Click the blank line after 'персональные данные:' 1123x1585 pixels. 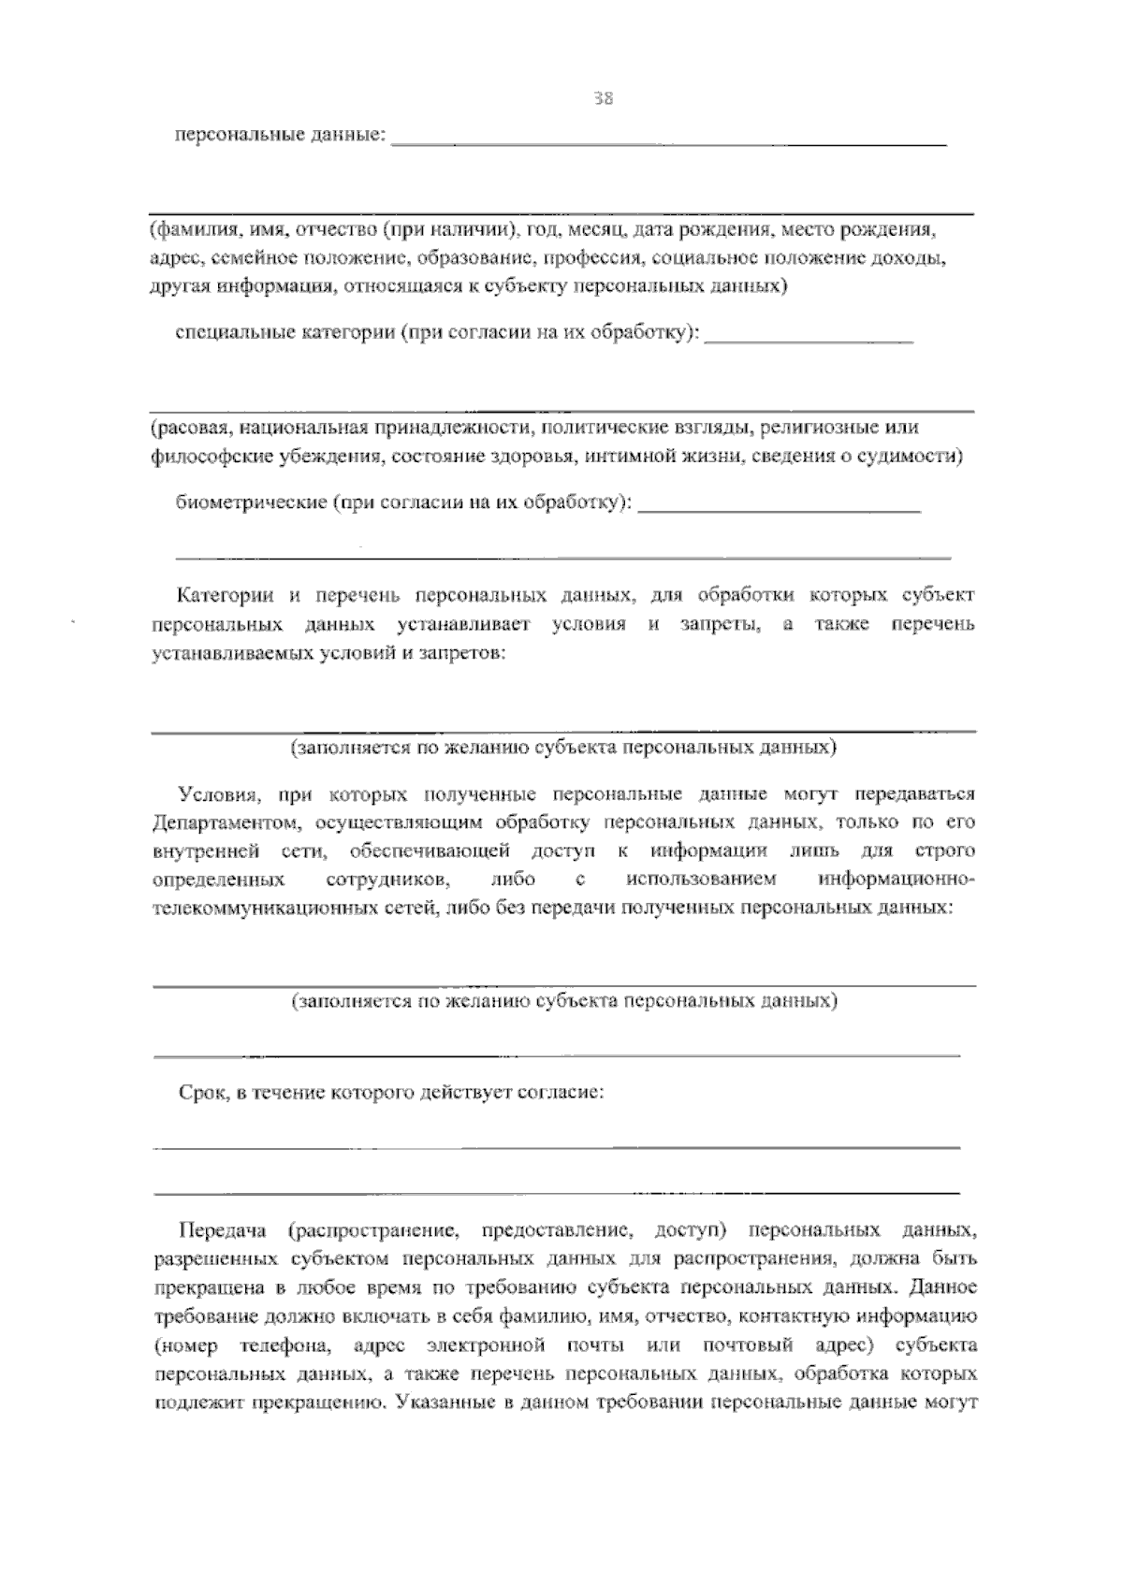pyautogui.click(x=668, y=142)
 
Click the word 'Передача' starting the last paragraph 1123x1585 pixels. pyautogui.click(x=223, y=1228)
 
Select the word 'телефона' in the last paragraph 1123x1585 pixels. pyautogui.click(x=283, y=1345)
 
